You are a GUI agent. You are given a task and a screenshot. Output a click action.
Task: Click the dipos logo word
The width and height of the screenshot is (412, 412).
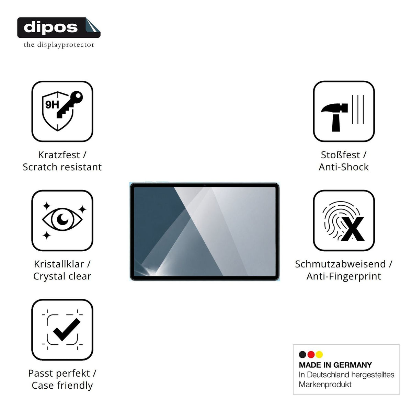click(51, 27)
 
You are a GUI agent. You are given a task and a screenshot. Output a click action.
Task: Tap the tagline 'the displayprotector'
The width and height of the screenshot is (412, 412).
click(59, 45)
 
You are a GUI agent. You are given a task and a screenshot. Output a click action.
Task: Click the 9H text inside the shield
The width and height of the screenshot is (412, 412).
click(52, 105)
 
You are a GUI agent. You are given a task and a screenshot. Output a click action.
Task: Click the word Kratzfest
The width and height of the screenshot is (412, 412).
click(59, 155)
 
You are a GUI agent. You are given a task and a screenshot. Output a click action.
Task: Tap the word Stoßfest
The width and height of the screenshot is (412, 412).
click(340, 155)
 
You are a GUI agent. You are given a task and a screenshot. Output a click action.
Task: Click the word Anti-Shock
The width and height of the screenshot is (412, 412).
click(344, 167)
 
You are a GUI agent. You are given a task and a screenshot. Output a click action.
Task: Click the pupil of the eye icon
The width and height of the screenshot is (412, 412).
click(62, 219)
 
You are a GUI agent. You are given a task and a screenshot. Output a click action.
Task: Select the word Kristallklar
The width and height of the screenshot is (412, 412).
click(59, 264)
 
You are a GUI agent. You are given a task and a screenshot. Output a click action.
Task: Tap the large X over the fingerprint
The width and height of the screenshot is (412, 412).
click(352, 229)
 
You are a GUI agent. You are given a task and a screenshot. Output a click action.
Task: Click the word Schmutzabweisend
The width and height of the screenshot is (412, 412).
click(340, 264)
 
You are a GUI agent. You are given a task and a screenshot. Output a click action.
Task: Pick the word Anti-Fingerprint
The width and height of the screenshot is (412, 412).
click(344, 276)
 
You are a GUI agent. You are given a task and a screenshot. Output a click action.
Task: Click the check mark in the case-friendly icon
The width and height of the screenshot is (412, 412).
click(66, 330)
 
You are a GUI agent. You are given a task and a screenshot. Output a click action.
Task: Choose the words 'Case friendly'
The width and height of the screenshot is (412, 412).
click(62, 386)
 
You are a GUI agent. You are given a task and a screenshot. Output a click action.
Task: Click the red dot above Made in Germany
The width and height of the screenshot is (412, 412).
click(311, 354)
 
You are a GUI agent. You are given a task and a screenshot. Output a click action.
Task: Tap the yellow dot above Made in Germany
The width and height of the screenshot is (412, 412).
click(319, 354)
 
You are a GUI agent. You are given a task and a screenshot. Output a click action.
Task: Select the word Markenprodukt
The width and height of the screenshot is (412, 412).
click(325, 385)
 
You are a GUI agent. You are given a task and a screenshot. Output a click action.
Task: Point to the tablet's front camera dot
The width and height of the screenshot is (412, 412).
click(205, 185)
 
